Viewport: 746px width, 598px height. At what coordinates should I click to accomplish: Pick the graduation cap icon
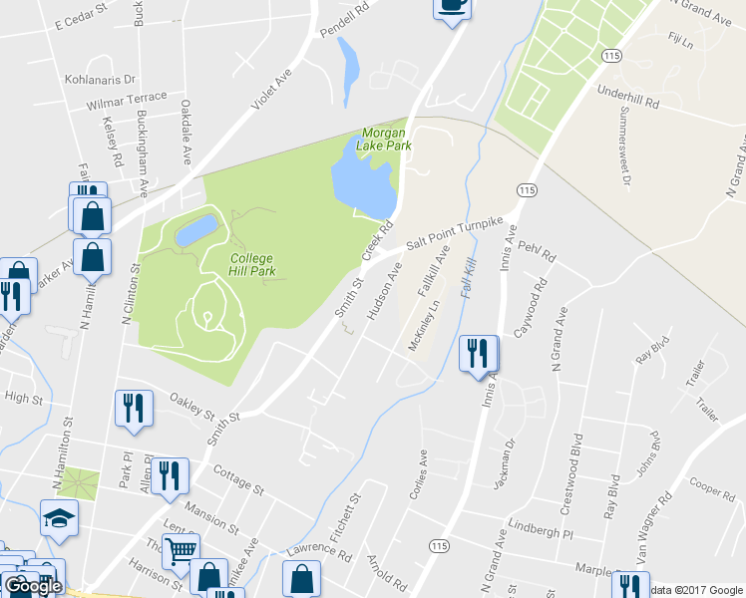tap(59, 518)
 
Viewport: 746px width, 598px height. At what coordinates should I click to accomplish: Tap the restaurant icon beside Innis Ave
tap(478, 354)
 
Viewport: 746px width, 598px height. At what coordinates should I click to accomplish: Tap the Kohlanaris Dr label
tap(100, 77)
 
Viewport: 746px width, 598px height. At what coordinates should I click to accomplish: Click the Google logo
tap(32, 586)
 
